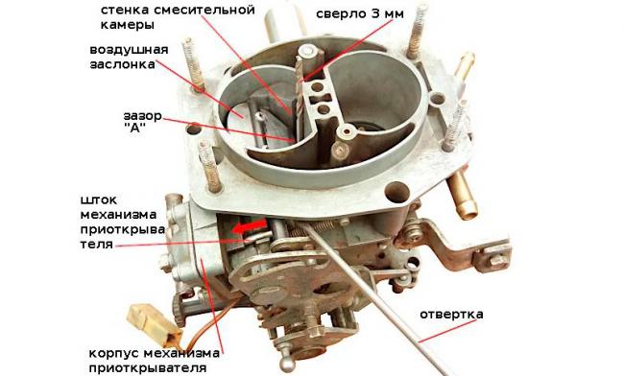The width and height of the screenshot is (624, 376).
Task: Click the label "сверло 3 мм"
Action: click(x=360, y=14)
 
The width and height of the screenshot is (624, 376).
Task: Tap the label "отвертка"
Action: click(x=452, y=315)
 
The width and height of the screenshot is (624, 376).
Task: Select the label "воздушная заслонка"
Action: click(x=129, y=57)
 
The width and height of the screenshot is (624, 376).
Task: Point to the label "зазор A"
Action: click(x=142, y=122)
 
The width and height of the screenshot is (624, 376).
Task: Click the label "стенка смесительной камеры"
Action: click(x=178, y=17)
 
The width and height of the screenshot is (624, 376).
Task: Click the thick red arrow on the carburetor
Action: click(x=250, y=227)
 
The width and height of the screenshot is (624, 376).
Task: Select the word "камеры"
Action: click(x=128, y=25)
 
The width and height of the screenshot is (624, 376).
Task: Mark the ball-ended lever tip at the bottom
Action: click(x=285, y=363)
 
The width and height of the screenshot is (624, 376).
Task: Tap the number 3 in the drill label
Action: click(x=375, y=14)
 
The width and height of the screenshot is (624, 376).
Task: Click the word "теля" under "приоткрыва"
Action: click(x=97, y=244)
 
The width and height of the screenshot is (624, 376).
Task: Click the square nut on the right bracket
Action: click(x=496, y=260)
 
